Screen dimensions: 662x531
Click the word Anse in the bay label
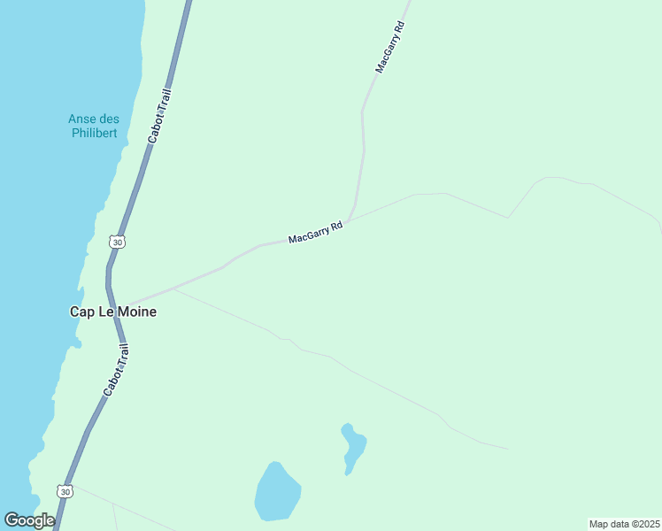tap(83, 119)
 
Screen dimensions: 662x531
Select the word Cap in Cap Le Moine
tap(81, 312)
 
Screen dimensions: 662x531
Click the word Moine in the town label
tap(136, 312)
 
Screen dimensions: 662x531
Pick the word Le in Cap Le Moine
tap(105, 312)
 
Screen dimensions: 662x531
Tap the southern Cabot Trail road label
tap(116, 372)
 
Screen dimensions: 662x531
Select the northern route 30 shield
tap(117, 242)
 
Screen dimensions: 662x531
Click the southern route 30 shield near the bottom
tap(65, 490)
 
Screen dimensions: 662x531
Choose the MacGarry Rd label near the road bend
tap(315, 234)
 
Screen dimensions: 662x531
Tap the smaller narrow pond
tap(353, 447)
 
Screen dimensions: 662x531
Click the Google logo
tap(29, 520)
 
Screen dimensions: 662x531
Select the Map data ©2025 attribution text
tap(624, 523)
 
